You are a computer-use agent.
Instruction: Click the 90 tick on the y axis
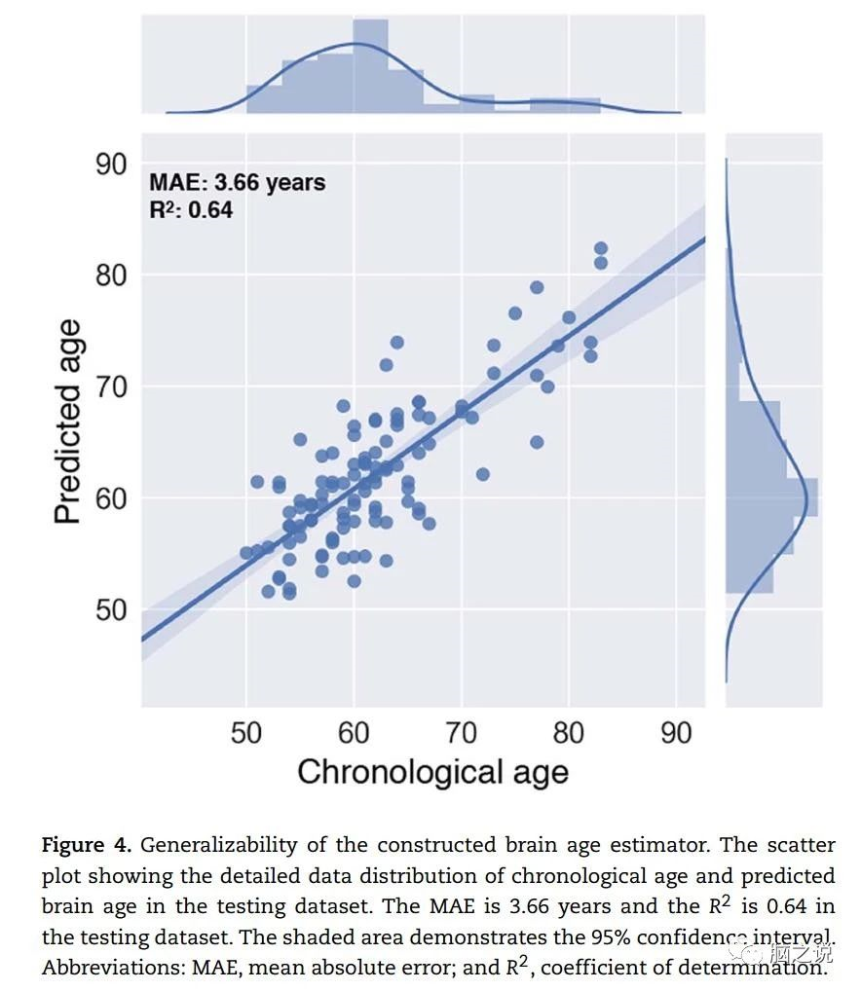112,165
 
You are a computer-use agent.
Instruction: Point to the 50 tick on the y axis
112,610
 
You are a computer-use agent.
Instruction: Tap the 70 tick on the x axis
461,733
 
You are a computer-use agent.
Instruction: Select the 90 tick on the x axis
675,733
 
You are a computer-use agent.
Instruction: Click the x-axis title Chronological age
432,772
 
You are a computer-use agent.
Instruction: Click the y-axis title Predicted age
68,421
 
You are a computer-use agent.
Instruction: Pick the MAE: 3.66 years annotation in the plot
237,182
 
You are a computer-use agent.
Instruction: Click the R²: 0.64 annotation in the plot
191,208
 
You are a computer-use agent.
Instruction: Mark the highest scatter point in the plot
601,249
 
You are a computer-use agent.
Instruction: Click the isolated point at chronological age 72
482,474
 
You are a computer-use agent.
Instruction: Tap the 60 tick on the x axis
354,733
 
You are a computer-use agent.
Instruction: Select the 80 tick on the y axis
112,276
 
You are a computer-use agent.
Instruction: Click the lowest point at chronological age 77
537,442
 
